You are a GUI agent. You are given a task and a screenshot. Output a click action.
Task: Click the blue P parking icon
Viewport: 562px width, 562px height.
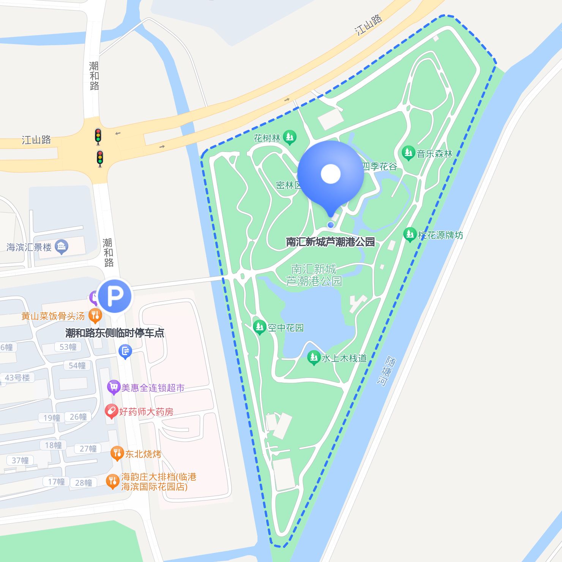point(115,296)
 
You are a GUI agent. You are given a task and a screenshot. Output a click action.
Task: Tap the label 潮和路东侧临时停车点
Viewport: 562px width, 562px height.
point(115,333)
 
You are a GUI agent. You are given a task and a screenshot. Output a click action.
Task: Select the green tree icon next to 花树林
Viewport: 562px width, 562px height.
point(290,137)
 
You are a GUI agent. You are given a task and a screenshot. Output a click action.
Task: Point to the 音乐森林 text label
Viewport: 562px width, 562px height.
point(434,154)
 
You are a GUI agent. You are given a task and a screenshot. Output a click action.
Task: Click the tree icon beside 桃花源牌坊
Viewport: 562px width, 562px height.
point(410,234)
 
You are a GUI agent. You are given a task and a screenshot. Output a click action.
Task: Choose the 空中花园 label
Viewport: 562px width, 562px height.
point(286,328)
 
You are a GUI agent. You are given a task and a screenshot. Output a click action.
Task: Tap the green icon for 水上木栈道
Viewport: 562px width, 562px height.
point(314,357)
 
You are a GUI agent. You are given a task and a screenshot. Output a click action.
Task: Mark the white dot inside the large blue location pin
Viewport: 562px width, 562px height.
point(330,174)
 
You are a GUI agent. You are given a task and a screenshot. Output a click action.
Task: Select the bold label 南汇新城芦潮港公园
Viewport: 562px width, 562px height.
point(330,242)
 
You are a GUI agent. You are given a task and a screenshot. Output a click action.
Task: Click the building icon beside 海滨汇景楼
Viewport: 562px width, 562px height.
point(62,247)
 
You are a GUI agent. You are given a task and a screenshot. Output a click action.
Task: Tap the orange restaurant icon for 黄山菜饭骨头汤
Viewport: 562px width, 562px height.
point(95,316)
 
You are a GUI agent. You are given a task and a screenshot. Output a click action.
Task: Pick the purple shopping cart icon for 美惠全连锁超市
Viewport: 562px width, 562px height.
point(113,387)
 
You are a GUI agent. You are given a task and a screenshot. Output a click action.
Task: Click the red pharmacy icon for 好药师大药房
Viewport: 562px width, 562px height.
point(111,411)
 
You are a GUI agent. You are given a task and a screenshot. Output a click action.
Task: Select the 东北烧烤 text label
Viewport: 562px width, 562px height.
point(143,454)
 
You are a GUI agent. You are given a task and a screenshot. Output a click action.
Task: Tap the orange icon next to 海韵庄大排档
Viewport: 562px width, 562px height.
point(112,481)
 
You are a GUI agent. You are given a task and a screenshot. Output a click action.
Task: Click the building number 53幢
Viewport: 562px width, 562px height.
point(68,347)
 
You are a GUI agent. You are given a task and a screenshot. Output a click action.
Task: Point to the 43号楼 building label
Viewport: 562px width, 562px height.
point(17,378)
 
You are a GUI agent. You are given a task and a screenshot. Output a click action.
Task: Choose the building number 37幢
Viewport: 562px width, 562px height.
point(20,461)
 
